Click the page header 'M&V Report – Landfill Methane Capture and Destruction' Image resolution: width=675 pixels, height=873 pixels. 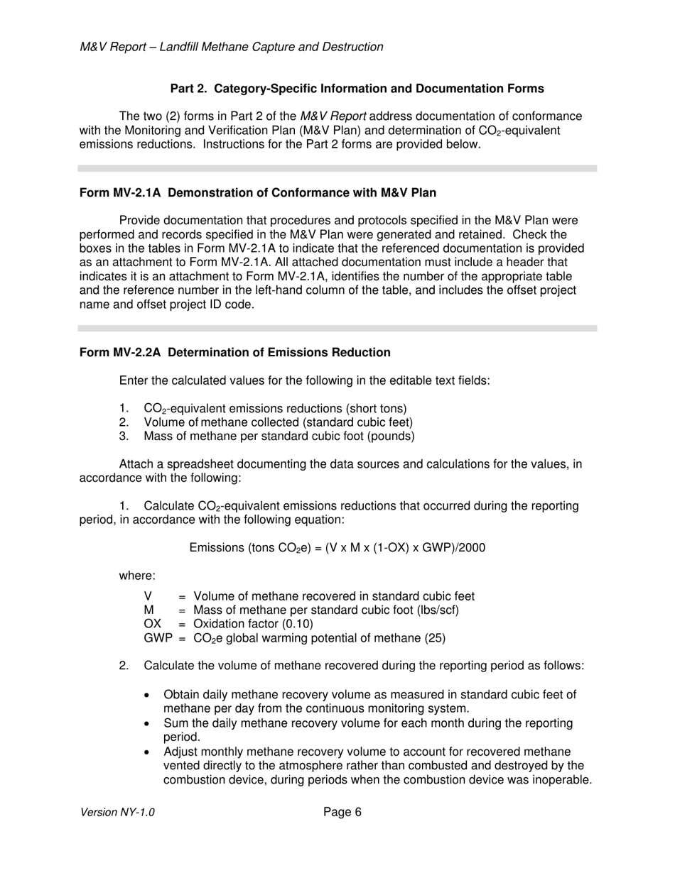pos(232,47)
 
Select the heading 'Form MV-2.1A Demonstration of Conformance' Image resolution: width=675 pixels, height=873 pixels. pos(258,192)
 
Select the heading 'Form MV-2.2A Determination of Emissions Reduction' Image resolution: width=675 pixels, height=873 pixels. pos(234,352)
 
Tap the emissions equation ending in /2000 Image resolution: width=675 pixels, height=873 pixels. pos(337,548)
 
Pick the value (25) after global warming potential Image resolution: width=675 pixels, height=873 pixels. pos(435,638)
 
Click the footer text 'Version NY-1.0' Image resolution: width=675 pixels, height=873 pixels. pos(117,813)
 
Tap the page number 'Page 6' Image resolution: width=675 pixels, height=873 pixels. pos(342,812)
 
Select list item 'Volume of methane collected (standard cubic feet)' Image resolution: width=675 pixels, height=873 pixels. pos(278,422)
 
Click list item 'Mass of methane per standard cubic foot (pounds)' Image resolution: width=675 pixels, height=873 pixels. pos(279,436)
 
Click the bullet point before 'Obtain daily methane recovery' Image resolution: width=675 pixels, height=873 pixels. pos(147,695)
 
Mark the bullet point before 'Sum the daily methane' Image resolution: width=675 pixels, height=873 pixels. pos(147,723)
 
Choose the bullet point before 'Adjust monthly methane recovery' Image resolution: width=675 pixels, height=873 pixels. pos(147,752)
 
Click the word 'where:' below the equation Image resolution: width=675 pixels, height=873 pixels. pos(137,576)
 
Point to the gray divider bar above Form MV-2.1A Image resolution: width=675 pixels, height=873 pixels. pos(337,169)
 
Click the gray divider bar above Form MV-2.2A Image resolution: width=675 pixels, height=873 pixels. pos(337,329)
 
